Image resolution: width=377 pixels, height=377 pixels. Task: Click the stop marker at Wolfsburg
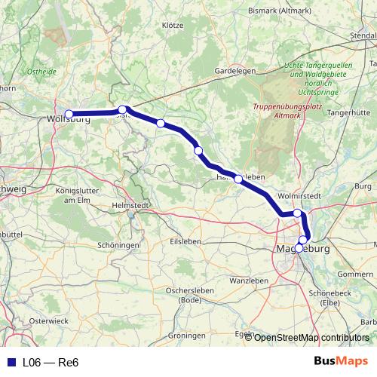69,115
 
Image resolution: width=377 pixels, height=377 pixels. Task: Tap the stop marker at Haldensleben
238,179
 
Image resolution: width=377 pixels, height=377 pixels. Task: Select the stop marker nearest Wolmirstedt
298,213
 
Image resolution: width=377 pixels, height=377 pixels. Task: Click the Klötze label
173,25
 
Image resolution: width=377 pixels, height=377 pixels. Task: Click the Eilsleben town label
186,241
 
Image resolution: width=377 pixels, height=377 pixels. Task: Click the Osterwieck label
48,320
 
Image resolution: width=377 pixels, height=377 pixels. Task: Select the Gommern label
356,274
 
